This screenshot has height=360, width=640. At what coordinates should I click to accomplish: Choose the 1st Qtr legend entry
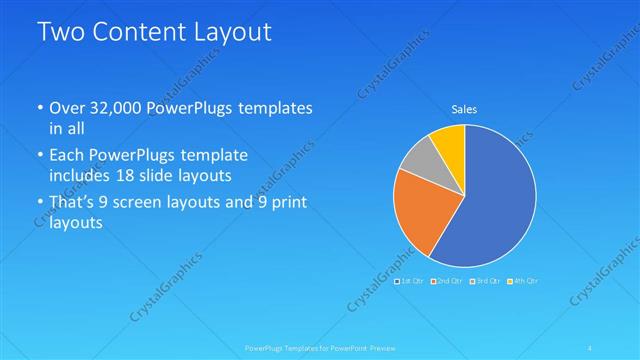[411, 281]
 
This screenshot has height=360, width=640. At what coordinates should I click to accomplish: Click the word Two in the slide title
[60, 33]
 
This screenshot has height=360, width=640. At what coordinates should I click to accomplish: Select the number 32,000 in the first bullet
[114, 107]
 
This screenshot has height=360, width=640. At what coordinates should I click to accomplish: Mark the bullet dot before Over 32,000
[39, 108]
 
